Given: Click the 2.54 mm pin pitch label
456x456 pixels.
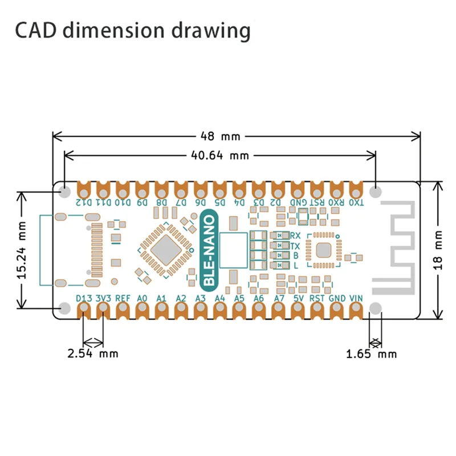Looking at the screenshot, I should [93, 353].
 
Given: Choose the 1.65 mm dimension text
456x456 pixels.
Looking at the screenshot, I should [371, 354].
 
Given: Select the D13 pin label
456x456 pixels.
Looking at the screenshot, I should [84, 298].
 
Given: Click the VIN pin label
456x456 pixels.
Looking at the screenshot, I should [356, 298].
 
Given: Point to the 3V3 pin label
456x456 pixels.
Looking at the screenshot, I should [103, 298].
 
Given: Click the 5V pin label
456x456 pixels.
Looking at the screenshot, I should [298, 298].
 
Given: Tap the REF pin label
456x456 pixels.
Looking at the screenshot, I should [123, 298].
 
